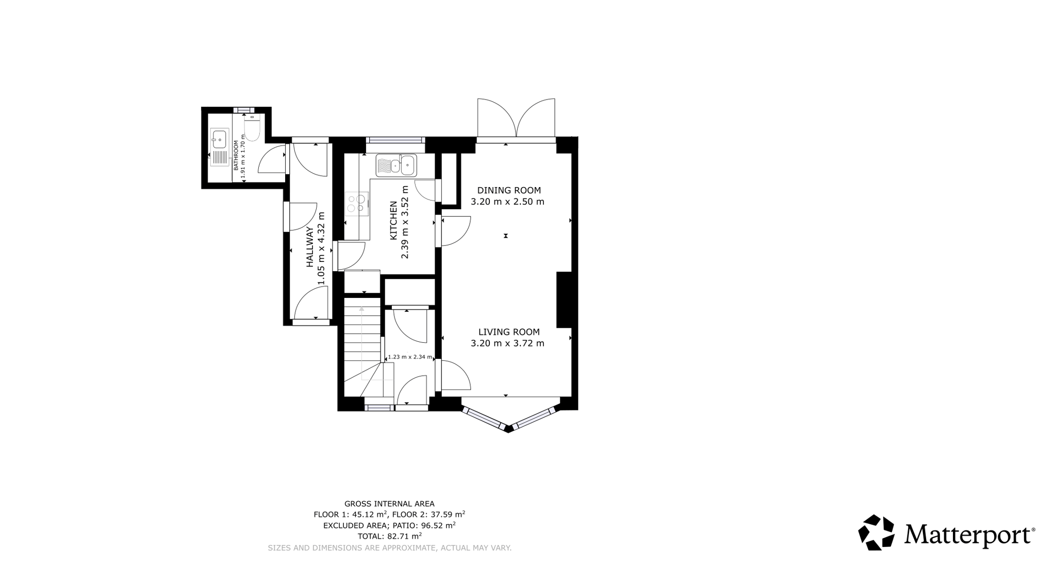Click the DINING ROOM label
point(508,190)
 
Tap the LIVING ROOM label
point(509,332)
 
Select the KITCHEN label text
point(393,221)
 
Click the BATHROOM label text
point(236,155)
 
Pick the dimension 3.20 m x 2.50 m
point(507,202)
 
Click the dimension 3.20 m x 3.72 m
point(507,343)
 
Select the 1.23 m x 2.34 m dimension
point(410,357)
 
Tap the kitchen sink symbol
point(396,165)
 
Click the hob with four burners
point(357,204)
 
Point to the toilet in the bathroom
point(252,127)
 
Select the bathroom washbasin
point(219,139)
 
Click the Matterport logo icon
point(876,533)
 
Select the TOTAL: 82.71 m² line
point(389,536)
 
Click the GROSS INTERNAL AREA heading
point(389,504)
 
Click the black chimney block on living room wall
point(564,300)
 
